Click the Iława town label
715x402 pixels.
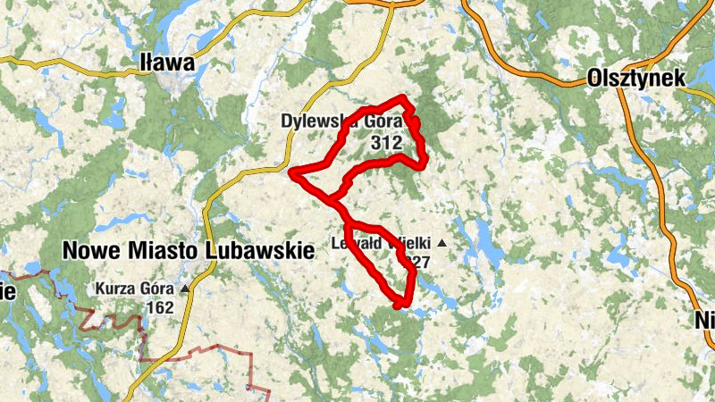(168, 63)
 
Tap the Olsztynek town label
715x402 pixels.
(636, 79)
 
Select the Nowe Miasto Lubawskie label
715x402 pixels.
(189, 251)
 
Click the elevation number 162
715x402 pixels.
(159, 307)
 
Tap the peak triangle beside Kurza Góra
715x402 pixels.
(185, 289)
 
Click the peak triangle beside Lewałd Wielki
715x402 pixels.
(441, 242)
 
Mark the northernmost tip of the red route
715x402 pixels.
(403, 96)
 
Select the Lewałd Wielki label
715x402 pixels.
(383, 242)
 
